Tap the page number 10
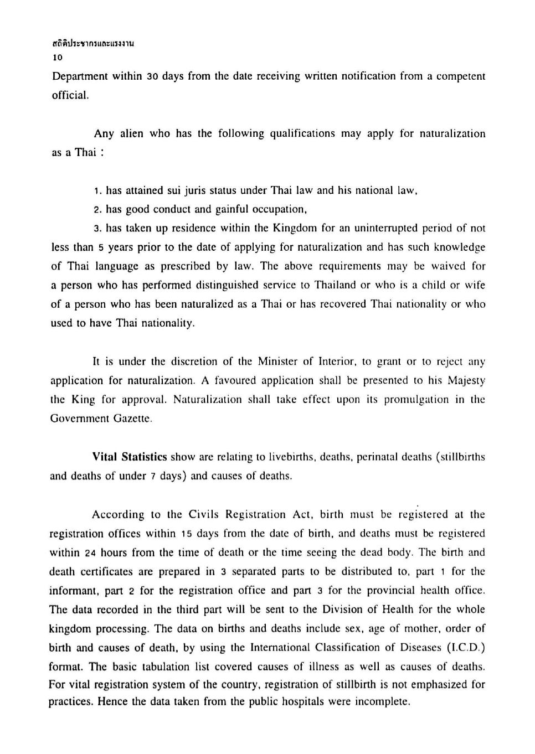tap(58, 57)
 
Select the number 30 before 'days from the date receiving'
tap(153, 76)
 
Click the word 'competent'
tap(461, 76)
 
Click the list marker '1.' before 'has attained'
tap(98, 191)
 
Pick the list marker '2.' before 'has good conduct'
tap(98, 210)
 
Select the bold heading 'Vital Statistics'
tap(130, 457)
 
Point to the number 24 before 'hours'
tap(91, 553)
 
